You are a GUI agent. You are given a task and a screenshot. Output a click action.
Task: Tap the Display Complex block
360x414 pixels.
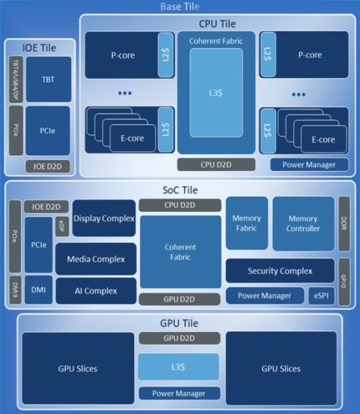(x=103, y=219)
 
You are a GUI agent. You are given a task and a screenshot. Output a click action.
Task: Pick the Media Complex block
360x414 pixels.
(x=96, y=259)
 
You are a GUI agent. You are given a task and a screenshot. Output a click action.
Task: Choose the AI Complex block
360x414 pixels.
(x=96, y=290)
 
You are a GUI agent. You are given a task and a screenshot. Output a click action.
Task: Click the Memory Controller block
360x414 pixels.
(x=303, y=223)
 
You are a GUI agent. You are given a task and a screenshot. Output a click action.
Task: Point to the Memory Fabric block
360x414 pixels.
(x=246, y=223)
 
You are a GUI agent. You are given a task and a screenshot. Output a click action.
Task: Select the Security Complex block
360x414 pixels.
(x=279, y=271)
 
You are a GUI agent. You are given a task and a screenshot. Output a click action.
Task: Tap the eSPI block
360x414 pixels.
(x=321, y=296)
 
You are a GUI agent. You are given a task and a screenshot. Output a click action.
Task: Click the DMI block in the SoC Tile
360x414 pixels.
(x=39, y=290)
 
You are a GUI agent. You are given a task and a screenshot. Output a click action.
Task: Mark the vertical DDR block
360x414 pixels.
(x=344, y=222)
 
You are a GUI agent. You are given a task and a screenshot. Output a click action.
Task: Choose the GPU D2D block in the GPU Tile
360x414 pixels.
(x=179, y=338)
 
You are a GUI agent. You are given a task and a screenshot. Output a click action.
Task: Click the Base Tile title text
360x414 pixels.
(x=179, y=8)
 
